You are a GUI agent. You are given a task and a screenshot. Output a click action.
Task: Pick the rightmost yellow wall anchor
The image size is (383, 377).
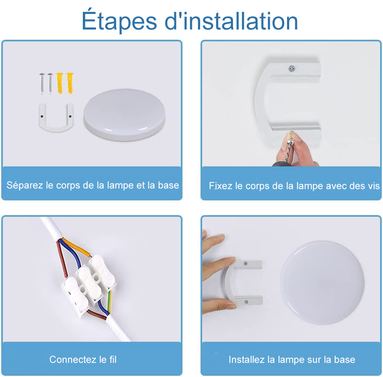pos(69,82)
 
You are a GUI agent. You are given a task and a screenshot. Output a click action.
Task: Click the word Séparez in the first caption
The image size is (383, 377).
pos(25,185)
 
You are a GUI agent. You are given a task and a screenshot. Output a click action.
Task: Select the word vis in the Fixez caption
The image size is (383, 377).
pos(372,186)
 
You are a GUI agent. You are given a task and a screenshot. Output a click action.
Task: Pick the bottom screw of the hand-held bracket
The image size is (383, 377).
pos(246,302)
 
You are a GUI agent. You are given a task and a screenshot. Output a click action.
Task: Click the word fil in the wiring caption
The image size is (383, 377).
pos(113,360)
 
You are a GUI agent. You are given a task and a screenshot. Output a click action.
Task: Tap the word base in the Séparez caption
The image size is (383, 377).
pos(169,185)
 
